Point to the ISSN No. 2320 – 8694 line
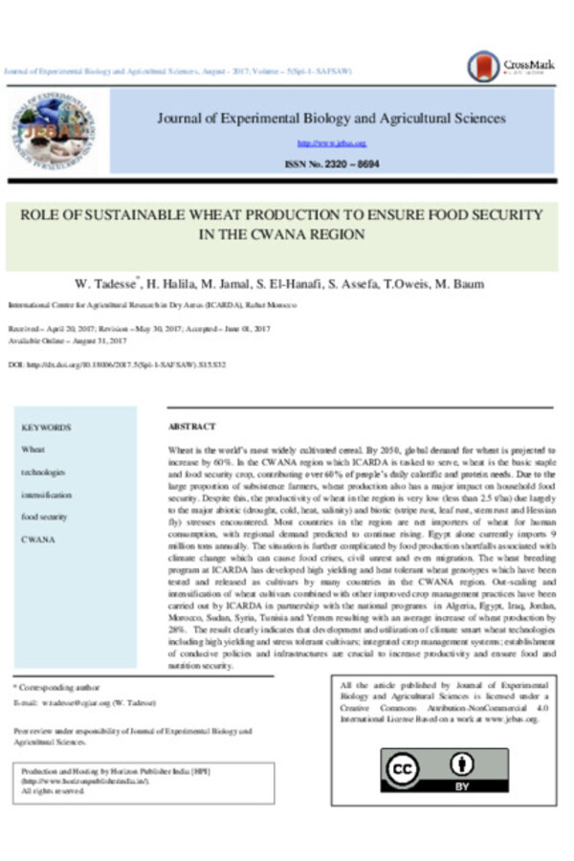pos(331,165)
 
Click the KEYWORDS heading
pos(46,428)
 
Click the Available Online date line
pos(68,342)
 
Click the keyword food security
pos(44,517)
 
